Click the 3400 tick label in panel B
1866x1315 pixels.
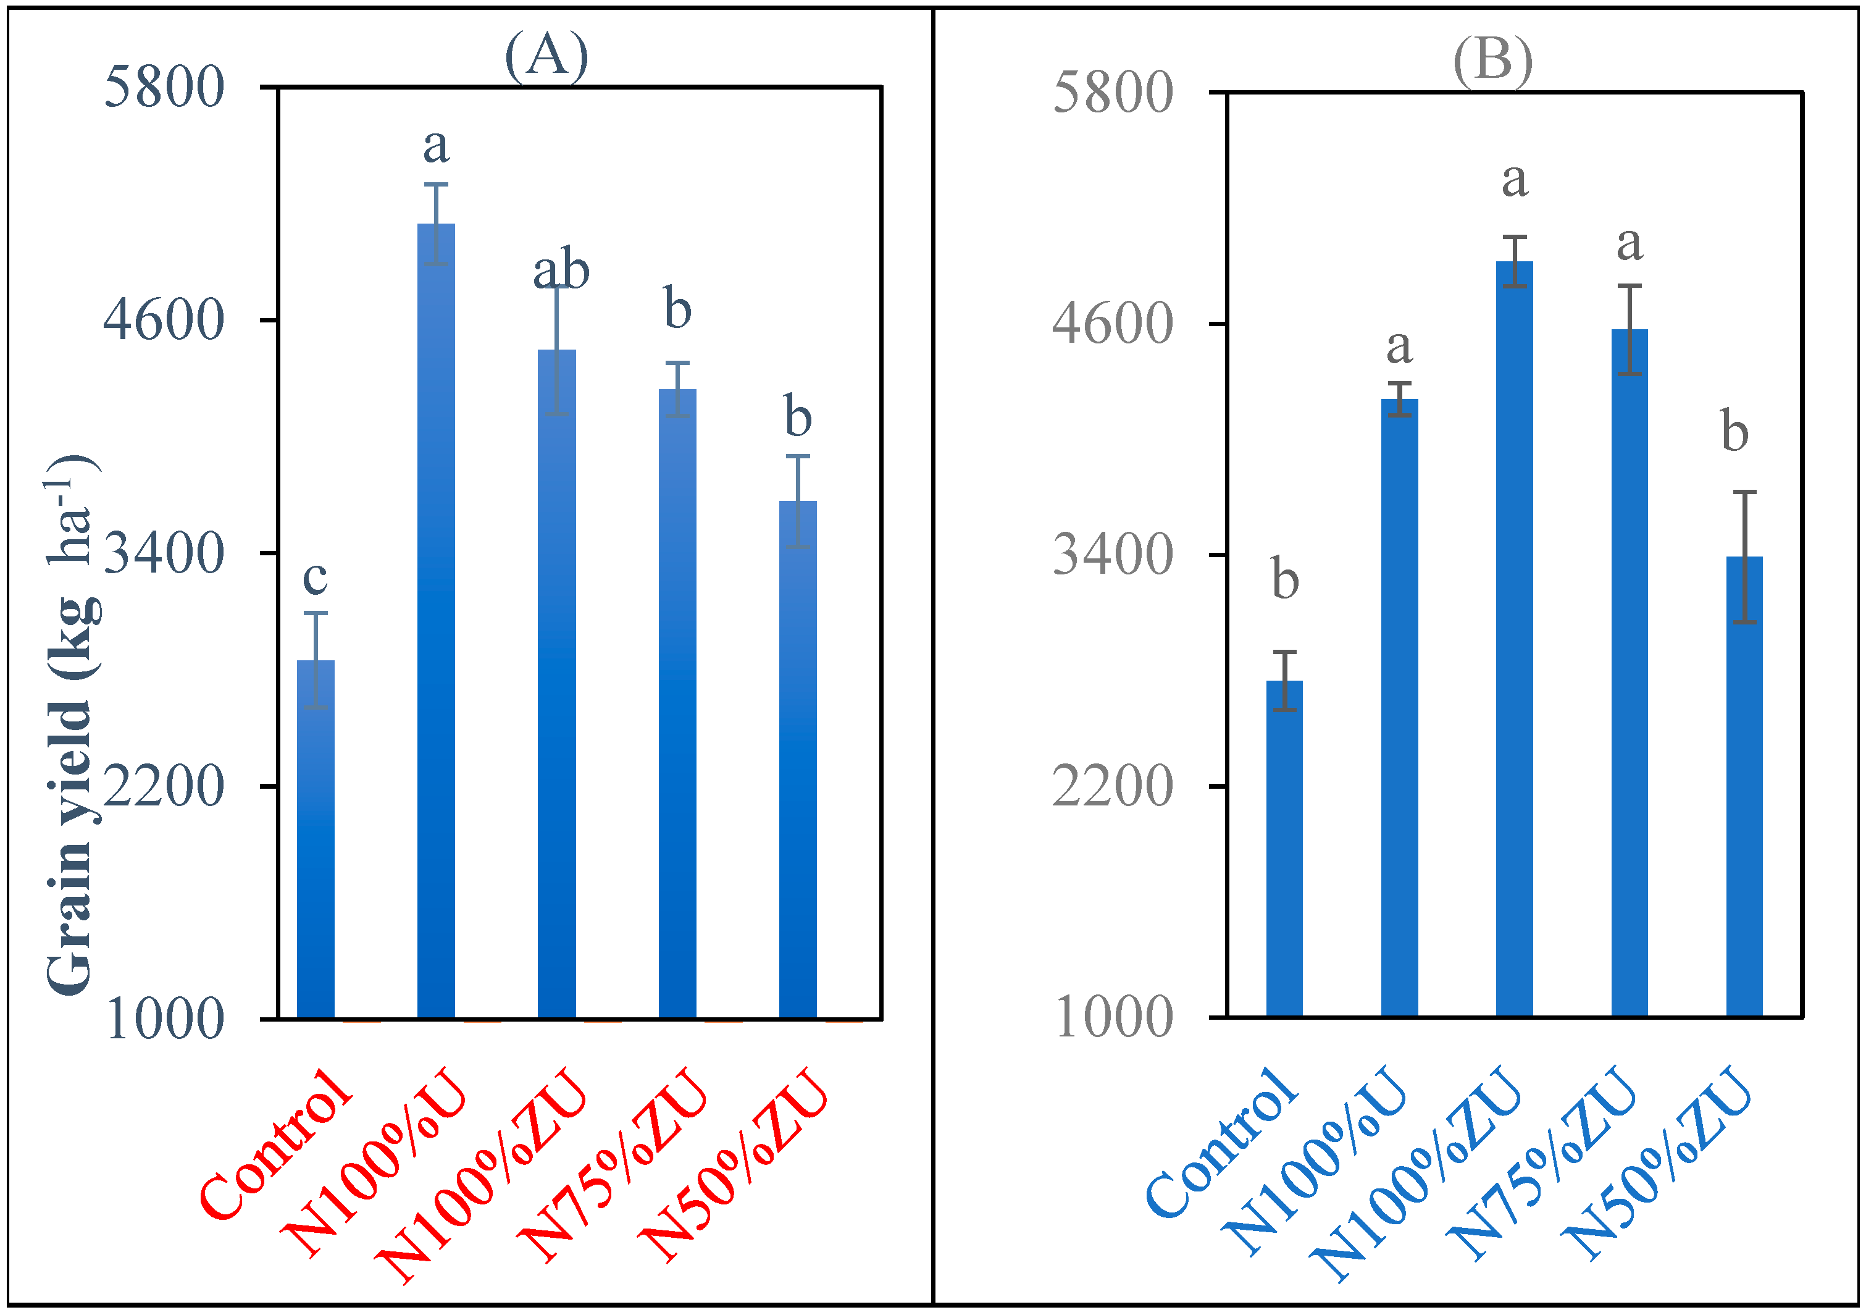point(1112,556)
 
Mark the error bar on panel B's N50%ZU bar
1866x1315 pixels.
point(1744,557)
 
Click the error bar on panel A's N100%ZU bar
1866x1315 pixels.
point(557,350)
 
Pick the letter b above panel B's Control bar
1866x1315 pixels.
point(1284,579)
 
